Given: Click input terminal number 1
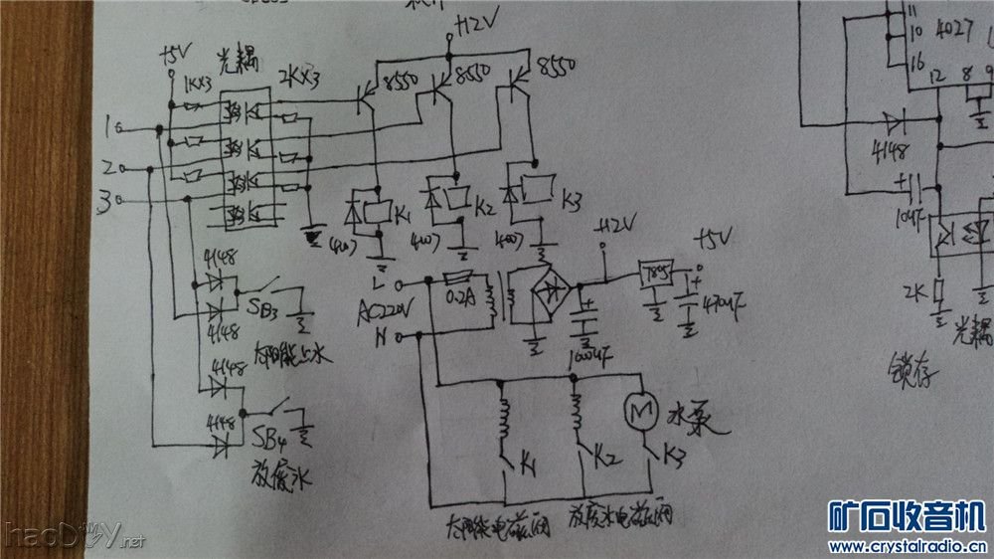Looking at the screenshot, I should (x=110, y=126).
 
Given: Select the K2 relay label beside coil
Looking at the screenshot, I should (x=484, y=207).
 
